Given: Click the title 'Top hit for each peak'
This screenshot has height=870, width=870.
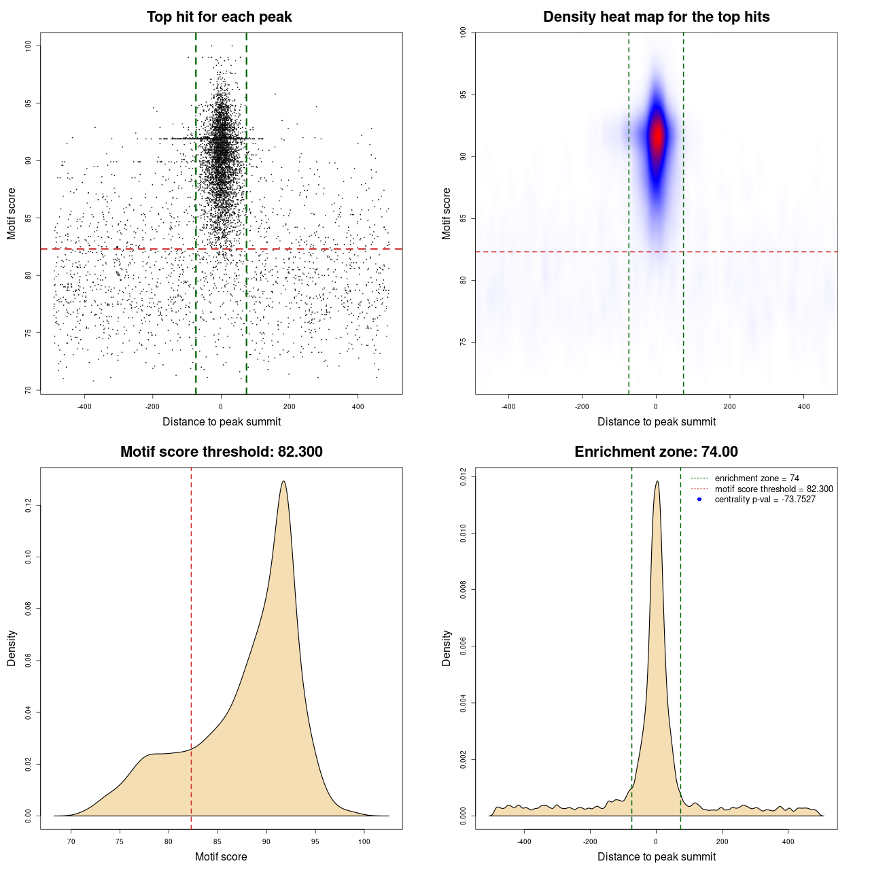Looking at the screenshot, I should (219, 17).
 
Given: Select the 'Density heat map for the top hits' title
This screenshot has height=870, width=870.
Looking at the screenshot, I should (656, 17).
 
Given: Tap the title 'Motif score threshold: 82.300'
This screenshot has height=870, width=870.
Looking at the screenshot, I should (221, 452).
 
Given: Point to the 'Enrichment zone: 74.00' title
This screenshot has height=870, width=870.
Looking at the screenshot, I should (656, 452).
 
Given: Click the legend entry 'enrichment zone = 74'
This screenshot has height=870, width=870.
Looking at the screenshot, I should (756, 478).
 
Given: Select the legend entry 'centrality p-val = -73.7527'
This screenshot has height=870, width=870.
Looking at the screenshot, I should (765, 500).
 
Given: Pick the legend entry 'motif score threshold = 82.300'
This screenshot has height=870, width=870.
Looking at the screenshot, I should (773, 489).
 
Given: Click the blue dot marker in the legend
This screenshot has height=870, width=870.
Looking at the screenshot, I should (699, 500).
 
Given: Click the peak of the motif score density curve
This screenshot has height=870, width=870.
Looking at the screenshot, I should (283, 481).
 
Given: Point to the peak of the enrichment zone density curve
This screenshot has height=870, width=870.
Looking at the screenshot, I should (657, 481).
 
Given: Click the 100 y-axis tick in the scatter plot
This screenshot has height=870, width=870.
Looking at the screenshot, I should (28, 46).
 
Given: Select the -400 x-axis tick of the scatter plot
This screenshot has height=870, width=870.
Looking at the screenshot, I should (84, 406).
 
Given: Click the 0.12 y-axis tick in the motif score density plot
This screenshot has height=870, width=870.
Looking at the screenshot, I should (28, 506).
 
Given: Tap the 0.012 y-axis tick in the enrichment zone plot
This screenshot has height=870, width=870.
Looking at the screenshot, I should (463, 477).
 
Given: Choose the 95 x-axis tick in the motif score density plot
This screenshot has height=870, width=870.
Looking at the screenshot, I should (315, 841).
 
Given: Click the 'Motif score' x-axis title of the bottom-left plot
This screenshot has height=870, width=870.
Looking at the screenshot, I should (221, 856).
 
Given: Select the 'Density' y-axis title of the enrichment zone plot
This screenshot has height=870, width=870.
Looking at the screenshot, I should (447, 648).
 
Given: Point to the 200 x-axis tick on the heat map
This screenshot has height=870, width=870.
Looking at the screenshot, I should (729, 406).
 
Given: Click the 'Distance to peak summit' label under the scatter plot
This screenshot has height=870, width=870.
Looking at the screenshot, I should (222, 421).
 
